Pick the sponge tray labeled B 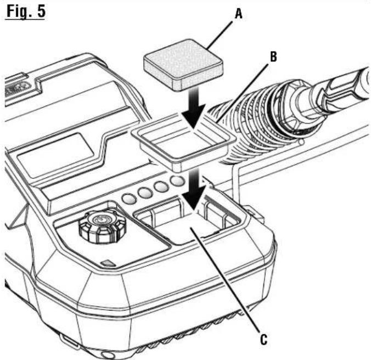pyautogui.click(x=183, y=142)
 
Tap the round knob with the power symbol pyautogui.click(x=98, y=225)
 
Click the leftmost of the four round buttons pyautogui.click(x=130, y=199)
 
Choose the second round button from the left pyautogui.click(x=145, y=193)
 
